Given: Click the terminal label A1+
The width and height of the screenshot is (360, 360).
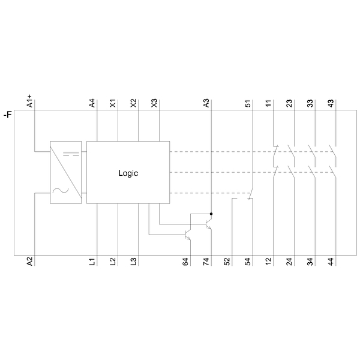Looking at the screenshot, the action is click(x=30, y=101).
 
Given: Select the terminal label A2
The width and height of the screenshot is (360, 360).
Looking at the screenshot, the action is click(x=30, y=261).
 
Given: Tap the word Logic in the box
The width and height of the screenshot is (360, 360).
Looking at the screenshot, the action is click(x=128, y=173).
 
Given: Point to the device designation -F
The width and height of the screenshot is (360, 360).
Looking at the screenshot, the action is click(x=8, y=114).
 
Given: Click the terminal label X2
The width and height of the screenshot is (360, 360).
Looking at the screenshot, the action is click(x=133, y=103).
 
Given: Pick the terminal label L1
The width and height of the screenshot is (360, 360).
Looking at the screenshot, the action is click(x=92, y=262).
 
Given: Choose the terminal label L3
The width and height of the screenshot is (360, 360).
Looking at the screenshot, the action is click(x=133, y=262).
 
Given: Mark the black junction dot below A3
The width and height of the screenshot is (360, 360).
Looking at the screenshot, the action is click(x=211, y=214).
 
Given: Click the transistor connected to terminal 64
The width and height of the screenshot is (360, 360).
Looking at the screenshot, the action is click(x=188, y=235).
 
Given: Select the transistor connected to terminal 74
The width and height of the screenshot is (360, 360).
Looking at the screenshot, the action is click(x=208, y=224).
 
